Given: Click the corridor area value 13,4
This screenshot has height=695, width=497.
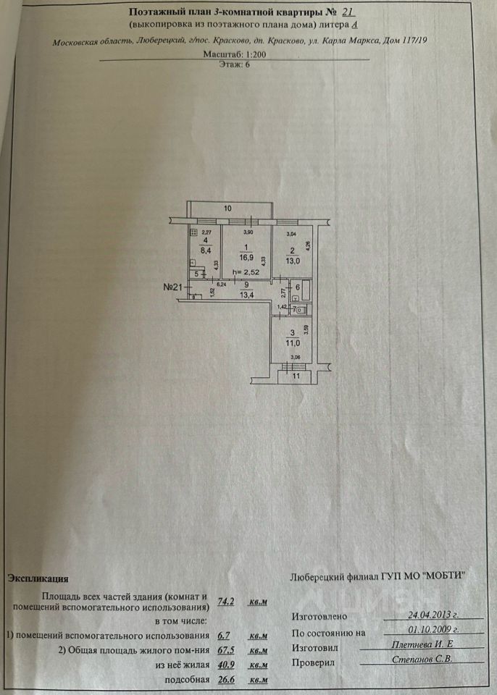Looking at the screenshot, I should [247, 295].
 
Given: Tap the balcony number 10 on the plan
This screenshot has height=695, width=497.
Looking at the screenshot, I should [227, 208].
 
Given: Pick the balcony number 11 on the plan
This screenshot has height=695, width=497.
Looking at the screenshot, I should [296, 376].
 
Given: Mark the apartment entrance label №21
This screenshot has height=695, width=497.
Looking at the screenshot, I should [172, 287].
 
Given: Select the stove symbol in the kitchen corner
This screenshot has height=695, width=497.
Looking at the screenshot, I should [193, 232].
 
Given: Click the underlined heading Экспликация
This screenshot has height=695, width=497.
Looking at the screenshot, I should [38, 578].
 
